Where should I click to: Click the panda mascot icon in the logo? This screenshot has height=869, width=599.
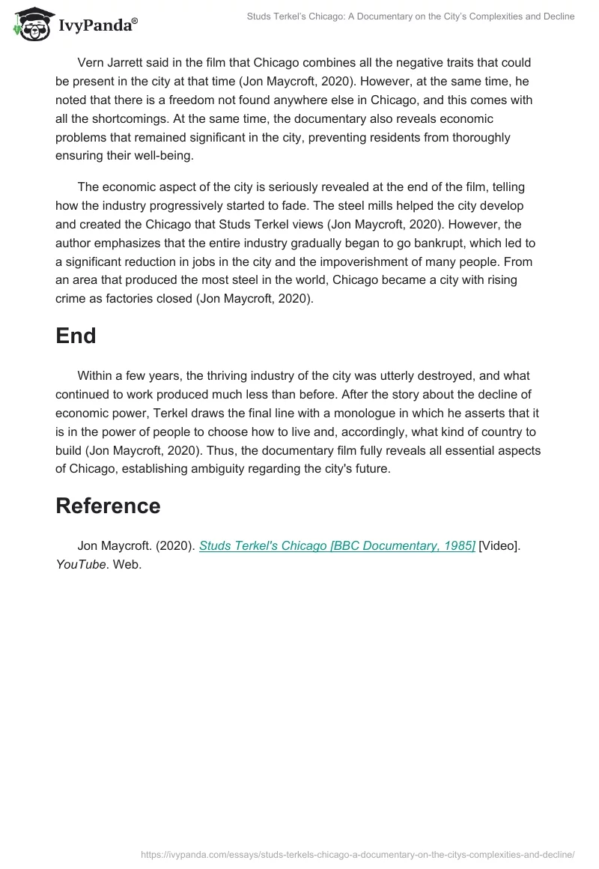(x=28, y=25)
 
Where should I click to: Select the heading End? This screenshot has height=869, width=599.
(x=76, y=336)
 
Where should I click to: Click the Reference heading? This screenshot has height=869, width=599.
(x=108, y=506)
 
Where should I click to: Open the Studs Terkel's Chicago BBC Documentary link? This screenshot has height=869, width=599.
(x=337, y=546)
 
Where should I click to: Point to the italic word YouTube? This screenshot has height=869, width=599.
(x=81, y=564)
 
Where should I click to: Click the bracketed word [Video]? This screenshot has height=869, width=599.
(x=498, y=546)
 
